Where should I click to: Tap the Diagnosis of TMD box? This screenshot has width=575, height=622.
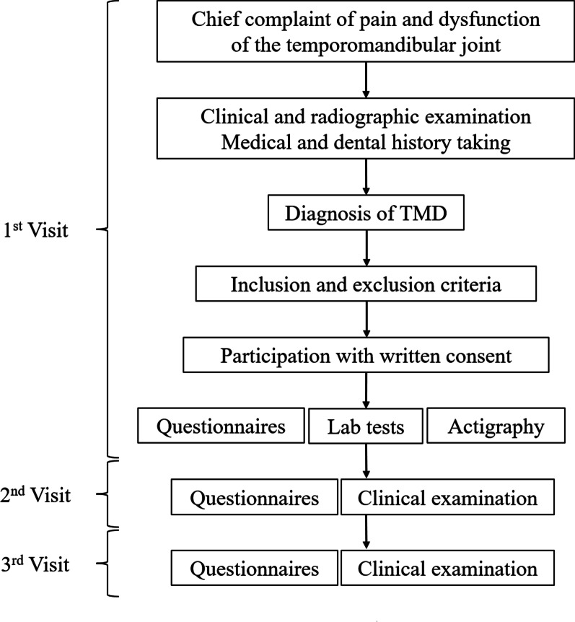click(366, 214)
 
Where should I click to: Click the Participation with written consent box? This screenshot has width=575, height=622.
click(366, 356)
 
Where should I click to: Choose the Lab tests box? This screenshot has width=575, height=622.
click(366, 427)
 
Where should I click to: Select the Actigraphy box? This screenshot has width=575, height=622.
click(496, 426)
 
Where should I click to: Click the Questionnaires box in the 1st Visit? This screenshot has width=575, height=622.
click(221, 426)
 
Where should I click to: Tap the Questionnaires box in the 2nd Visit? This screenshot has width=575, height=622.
click(254, 498)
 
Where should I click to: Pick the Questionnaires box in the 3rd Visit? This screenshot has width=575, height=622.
click(254, 569)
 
